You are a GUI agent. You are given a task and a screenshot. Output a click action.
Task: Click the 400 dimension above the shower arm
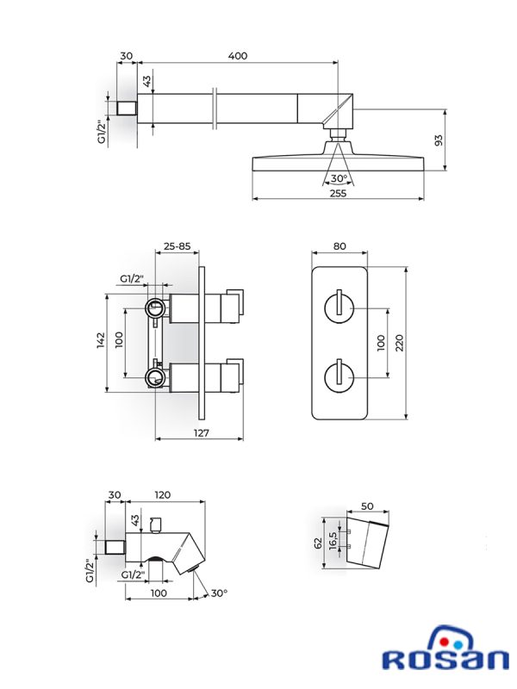pos(238,56)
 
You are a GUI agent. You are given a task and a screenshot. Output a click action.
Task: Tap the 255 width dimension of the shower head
pos(338,193)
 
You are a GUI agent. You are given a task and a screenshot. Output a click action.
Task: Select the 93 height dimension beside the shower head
pos(439,140)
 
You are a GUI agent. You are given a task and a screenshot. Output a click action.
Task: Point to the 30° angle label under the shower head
pos(339,178)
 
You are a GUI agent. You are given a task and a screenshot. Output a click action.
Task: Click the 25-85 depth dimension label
pos(178,246)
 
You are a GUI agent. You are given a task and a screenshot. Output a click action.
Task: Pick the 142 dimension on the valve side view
pos(101,340)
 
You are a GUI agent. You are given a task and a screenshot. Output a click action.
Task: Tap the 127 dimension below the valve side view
pos(202,433)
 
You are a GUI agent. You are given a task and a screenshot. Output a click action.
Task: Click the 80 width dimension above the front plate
pos(339,246)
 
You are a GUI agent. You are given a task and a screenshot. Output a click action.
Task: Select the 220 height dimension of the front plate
pos(399,343)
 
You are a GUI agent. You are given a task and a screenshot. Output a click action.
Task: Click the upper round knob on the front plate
pos(339,308)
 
